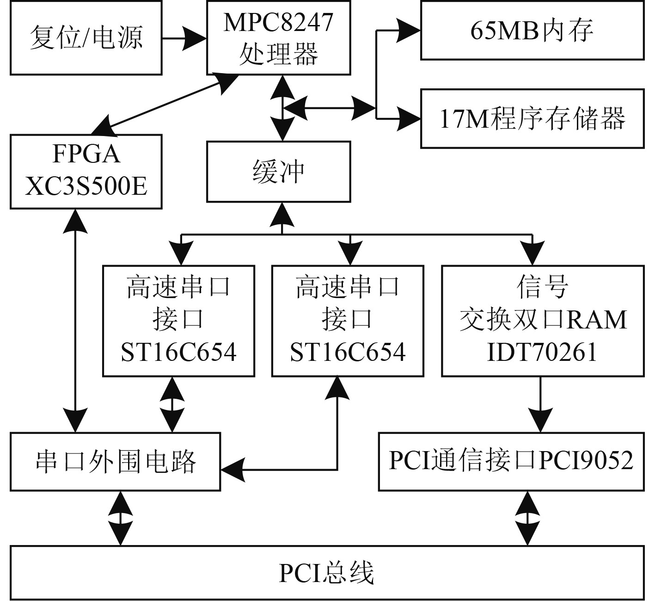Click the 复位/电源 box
(86, 38)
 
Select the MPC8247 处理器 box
(278, 38)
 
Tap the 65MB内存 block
(532, 31)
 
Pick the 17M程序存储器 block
(532, 118)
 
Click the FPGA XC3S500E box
(86, 171)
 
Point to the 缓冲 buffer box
(278, 172)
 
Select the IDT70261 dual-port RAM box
(543, 320)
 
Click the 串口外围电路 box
(115, 461)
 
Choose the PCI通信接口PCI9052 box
(511, 461)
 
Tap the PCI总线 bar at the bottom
(327, 573)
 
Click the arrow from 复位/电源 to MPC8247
(184, 38)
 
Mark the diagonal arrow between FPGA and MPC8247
(166, 103)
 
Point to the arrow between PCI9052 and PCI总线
(527, 518)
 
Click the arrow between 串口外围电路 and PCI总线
(121, 518)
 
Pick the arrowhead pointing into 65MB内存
(410, 31)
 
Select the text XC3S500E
(86, 187)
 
